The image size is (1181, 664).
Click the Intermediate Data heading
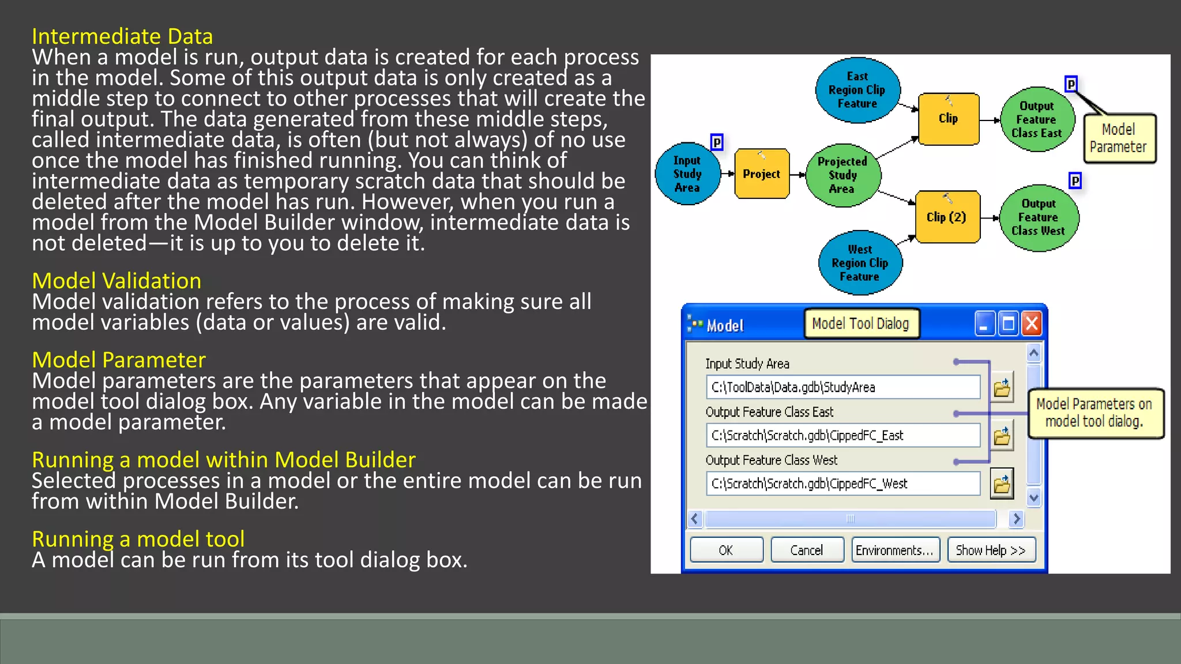point(122,36)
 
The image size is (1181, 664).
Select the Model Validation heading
point(116,281)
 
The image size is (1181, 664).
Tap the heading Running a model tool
point(138,539)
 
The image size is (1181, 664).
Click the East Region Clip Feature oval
point(857,90)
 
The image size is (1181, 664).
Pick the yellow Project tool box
point(761,173)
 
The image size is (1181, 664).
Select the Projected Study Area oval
point(842,175)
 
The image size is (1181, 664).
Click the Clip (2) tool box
point(947,217)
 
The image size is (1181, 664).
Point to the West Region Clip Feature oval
point(860,263)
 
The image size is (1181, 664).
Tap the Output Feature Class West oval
point(1038,217)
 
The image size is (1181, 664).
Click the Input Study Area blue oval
point(687,174)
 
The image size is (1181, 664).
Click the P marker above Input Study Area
point(717,142)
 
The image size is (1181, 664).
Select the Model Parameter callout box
point(1119,138)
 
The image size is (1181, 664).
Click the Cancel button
point(807,550)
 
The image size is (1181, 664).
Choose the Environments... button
point(894,550)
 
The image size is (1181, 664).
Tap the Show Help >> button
point(991,550)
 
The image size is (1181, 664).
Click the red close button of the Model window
point(1032,324)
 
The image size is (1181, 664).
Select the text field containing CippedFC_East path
point(843,435)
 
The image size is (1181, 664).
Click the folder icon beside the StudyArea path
point(1002,387)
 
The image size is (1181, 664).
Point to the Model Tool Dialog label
point(860,323)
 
